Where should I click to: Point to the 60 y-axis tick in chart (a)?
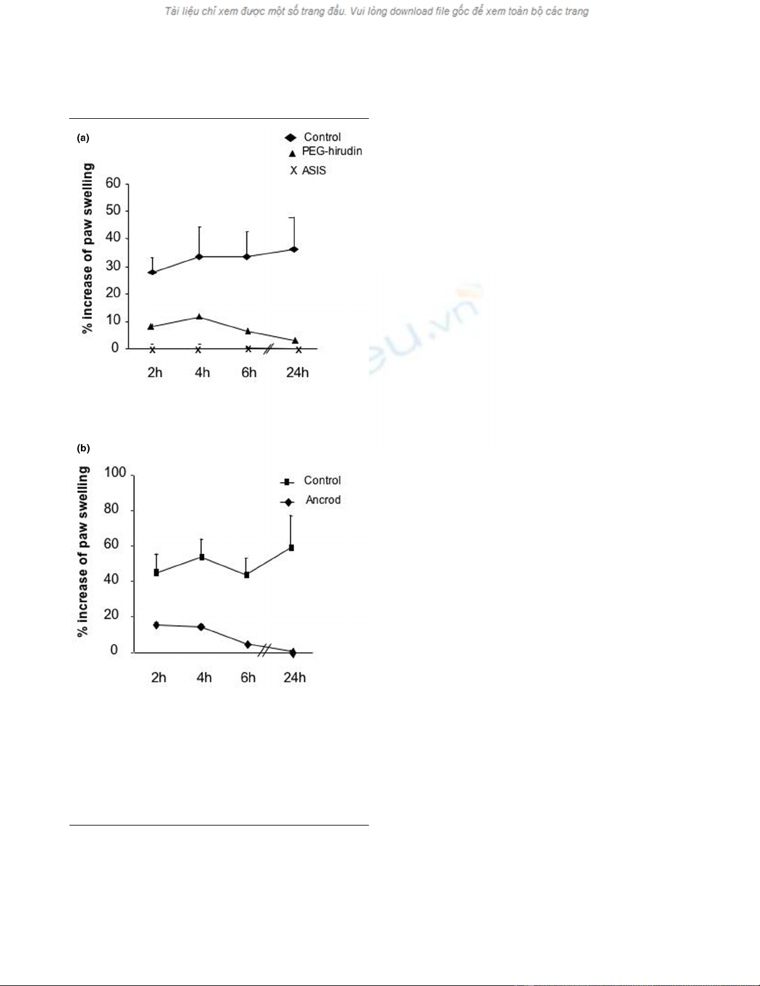(x=113, y=183)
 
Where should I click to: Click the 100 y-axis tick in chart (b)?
(x=115, y=472)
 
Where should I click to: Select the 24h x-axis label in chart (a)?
(x=297, y=372)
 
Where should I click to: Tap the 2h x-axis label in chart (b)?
(x=159, y=677)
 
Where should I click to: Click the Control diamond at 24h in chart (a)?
(x=294, y=249)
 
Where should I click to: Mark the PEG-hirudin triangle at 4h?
(x=199, y=317)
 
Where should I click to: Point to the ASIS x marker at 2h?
(x=152, y=350)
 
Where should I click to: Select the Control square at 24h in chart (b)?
(x=291, y=548)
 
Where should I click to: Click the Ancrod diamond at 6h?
(x=248, y=644)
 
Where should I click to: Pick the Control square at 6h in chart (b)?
(x=247, y=575)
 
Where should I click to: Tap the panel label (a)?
(x=83, y=138)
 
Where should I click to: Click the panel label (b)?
(x=83, y=448)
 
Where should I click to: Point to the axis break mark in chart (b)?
(x=264, y=650)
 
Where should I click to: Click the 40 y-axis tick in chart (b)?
(x=111, y=579)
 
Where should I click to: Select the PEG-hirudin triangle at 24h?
(x=295, y=340)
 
